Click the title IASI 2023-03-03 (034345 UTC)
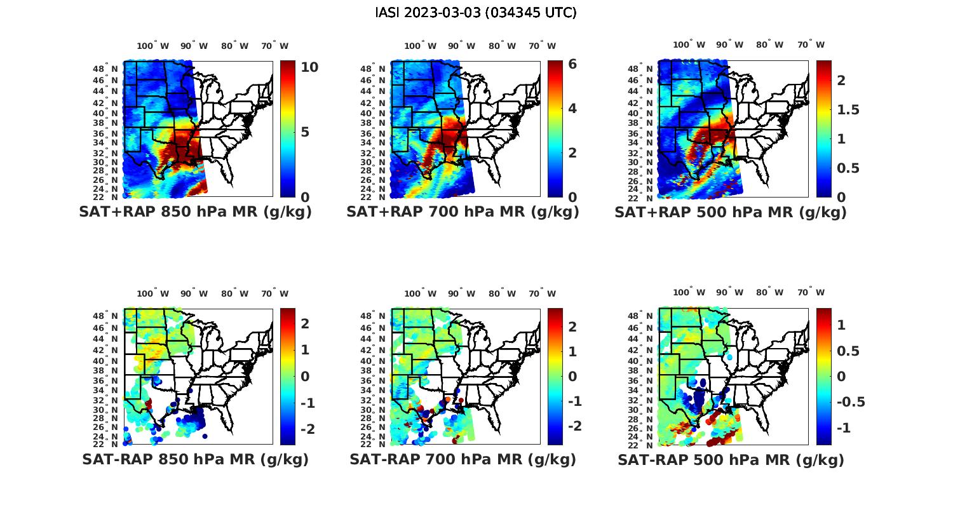click(x=476, y=13)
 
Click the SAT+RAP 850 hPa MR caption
click(x=195, y=212)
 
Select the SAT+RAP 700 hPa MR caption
click(x=463, y=212)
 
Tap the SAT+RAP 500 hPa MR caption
click(x=731, y=212)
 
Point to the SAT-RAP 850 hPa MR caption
click(x=195, y=459)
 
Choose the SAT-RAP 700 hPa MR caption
click(x=463, y=459)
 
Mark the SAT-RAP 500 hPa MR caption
click(x=731, y=460)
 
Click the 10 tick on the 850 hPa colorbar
click(x=309, y=67)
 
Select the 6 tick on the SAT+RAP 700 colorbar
click(x=572, y=64)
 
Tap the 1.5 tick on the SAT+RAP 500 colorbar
click(x=848, y=110)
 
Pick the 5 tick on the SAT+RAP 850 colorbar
click(x=305, y=132)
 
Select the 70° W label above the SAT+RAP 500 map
click(x=811, y=44)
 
